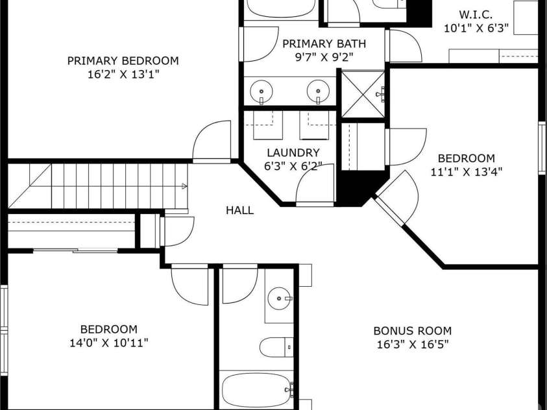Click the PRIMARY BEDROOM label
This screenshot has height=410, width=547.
[123, 61]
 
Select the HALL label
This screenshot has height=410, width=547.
[239, 210]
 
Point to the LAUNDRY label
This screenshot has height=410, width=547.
[293, 152]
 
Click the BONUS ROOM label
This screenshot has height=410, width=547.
[412, 330]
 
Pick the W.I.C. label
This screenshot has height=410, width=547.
[476, 15]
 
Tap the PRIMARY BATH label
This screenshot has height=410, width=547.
[324, 43]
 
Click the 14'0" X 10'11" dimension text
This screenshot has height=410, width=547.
[109, 343]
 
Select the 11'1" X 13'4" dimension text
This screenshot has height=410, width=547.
[467, 171]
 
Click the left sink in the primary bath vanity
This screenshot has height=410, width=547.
[261, 91]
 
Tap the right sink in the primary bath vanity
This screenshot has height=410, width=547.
[318, 91]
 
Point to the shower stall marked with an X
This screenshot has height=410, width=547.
[363, 94]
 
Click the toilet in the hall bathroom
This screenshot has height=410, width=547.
[276, 347]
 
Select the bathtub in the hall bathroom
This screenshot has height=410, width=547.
[258, 390]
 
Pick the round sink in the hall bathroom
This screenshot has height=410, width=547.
[280, 298]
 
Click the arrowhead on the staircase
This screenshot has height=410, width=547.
[184, 187]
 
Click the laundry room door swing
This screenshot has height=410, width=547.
[315, 184]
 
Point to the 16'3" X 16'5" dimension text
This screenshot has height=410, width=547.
[412, 344]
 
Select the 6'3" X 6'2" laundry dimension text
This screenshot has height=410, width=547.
[293, 166]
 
